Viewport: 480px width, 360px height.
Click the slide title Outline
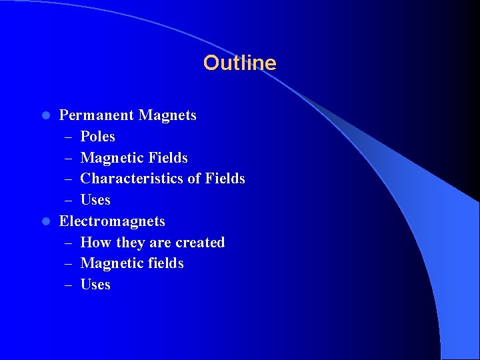tap(239, 63)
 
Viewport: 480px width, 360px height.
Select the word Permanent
tap(96, 115)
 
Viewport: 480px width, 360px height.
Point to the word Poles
tap(97, 137)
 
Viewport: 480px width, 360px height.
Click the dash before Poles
tap(69, 137)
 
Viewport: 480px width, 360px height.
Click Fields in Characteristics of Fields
tap(225, 179)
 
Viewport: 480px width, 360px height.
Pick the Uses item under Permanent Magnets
tap(95, 200)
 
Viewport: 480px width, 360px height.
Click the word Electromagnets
tap(112, 221)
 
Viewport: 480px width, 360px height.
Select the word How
tap(96, 243)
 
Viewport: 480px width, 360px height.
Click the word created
tap(200, 243)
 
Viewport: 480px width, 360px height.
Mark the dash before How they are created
tap(69, 243)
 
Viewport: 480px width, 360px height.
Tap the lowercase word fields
tap(165, 263)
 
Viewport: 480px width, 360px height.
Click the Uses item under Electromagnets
tap(95, 285)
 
